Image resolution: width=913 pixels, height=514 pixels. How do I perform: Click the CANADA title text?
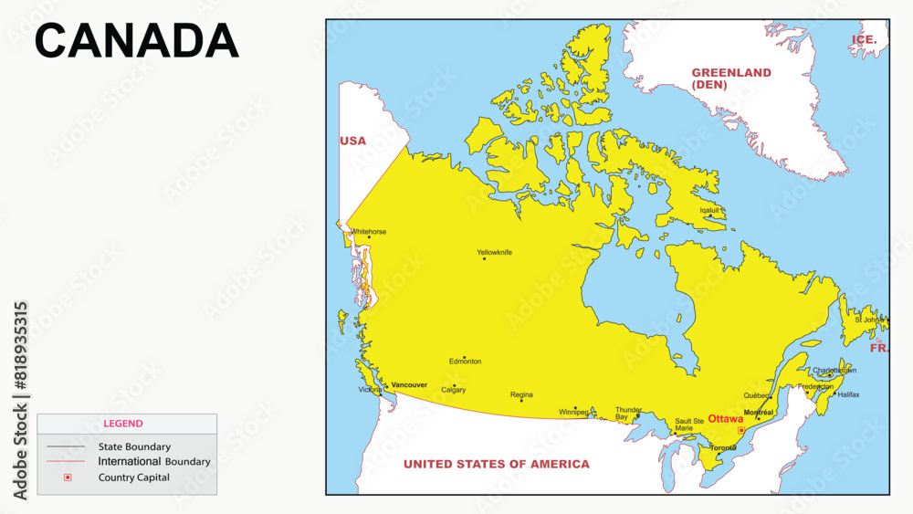click(137, 41)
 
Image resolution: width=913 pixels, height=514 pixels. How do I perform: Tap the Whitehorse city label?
click(368, 232)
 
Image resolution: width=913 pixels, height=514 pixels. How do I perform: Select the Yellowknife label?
click(494, 252)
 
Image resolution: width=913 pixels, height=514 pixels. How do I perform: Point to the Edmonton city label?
click(465, 362)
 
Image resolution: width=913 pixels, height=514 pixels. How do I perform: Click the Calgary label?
click(453, 390)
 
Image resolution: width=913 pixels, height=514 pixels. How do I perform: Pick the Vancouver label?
click(409, 385)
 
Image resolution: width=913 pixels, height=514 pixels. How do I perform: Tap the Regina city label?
click(521, 394)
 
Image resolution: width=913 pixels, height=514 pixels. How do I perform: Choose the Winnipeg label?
click(574, 412)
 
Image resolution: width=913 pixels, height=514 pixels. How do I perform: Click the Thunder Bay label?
click(628, 414)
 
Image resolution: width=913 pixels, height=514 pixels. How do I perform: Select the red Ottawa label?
click(726, 419)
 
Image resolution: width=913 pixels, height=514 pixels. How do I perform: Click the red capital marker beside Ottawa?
click(741, 430)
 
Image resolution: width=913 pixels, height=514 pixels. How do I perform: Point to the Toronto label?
click(723, 448)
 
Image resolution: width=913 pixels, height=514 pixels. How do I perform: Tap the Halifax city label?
click(848, 394)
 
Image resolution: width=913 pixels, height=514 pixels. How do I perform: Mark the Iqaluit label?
click(709, 210)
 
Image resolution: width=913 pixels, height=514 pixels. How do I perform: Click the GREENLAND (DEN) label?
click(731, 79)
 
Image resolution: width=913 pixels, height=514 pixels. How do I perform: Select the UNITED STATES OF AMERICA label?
click(497, 464)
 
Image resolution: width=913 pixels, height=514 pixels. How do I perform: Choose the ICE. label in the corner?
click(864, 39)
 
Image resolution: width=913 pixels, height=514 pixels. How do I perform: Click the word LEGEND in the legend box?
click(122, 424)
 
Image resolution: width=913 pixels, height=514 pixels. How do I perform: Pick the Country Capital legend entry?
click(134, 477)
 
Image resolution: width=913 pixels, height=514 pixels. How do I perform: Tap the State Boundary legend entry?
click(134, 446)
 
